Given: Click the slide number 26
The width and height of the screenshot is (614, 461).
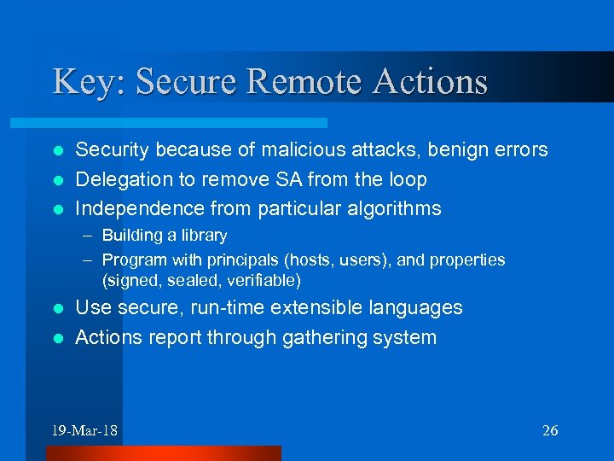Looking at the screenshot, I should [x=550, y=430].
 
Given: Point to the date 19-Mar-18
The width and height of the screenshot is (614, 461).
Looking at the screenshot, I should [x=84, y=430].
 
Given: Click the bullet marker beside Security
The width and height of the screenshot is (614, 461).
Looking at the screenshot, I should [x=58, y=151].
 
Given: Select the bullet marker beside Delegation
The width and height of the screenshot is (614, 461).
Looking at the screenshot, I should [x=58, y=180].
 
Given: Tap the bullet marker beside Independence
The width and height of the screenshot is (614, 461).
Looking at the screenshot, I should [x=58, y=209].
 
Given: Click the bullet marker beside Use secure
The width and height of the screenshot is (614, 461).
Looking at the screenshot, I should [x=58, y=308].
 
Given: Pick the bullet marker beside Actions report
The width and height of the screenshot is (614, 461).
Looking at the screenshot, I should [x=58, y=338].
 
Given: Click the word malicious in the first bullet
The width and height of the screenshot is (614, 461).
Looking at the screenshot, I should [x=300, y=150].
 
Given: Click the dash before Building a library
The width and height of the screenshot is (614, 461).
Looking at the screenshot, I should [x=89, y=235].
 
